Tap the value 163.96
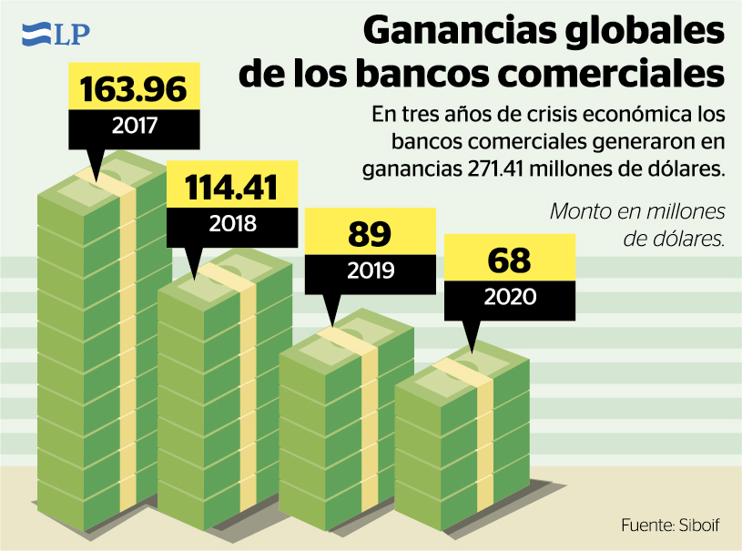pyautogui.click(x=134, y=89)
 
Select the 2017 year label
pyautogui.click(x=134, y=126)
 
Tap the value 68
pyautogui.click(x=509, y=260)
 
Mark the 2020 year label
pyautogui.click(x=510, y=296)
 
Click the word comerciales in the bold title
pyautogui.click(x=602, y=73)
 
